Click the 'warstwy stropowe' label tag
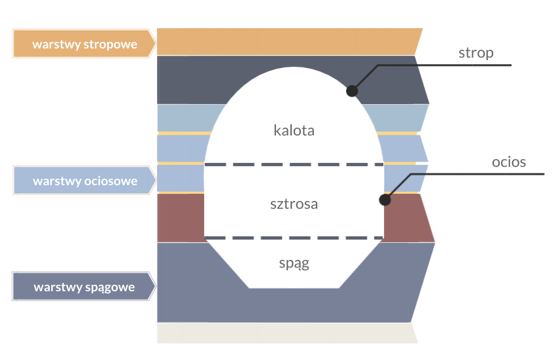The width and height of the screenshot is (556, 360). pyautogui.click(x=84, y=45)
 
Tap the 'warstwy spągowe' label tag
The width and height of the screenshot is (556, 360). pyautogui.click(x=84, y=287)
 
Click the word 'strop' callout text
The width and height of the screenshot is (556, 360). pyautogui.click(x=476, y=53)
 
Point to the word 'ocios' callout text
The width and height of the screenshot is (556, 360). pyautogui.click(x=509, y=162)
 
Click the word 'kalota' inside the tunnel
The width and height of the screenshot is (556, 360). pyautogui.click(x=294, y=130)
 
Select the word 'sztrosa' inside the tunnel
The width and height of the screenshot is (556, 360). pyautogui.click(x=294, y=204)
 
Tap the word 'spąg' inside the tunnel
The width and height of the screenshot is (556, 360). pyautogui.click(x=294, y=264)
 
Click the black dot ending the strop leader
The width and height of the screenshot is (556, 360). pyautogui.click(x=352, y=91)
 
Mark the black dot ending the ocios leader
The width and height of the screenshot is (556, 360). pyautogui.click(x=385, y=200)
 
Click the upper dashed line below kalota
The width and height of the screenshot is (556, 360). pyautogui.click(x=294, y=164)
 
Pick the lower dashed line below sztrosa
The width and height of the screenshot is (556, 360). pyautogui.click(x=294, y=238)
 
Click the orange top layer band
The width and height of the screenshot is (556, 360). pyautogui.click(x=288, y=41)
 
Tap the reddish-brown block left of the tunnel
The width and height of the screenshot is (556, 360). pyautogui.click(x=181, y=217)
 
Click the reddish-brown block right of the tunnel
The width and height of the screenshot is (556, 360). pyautogui.click(x=407, y=217)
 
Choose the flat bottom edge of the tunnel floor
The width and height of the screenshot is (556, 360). pyautogui.click(x=294, y=287)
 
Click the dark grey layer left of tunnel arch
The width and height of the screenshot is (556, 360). pyautogui.click(x=190, y=79)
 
